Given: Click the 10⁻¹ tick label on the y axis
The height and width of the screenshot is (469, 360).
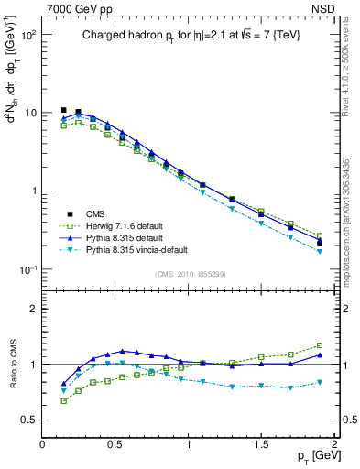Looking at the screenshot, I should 27,269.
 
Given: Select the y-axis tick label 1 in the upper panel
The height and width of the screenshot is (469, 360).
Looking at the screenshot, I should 32,191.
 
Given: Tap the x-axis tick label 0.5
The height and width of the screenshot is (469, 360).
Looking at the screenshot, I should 115,443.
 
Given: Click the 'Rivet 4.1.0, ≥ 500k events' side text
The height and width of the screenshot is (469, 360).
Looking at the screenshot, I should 345,83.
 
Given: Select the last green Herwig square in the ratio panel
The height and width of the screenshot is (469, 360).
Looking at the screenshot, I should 320,345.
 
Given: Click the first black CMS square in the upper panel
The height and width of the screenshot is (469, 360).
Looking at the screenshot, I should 64,110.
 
